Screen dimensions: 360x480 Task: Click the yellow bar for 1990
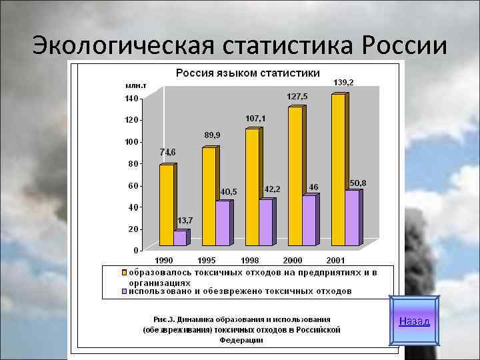(x=166, y=205)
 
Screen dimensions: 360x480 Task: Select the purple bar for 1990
(x=180, y=238)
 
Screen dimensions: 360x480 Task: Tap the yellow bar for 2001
(x=338, y=170)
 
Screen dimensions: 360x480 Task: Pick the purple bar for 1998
(x=265, y=222)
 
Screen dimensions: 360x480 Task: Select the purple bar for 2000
(x=309, y=220)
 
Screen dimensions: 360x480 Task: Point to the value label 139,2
(x=343, y=82)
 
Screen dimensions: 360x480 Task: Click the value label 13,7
(x=185, y=221)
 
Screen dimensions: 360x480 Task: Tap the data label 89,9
(x=212, y=135)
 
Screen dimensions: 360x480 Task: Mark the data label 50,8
(x=358, y=182)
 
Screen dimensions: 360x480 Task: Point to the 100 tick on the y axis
(x=131, y=142)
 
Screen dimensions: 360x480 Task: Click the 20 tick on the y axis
(x=133, y=229)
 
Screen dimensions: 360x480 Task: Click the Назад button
(x=414, y=321)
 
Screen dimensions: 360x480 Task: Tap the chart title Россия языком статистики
(x=247, y=72)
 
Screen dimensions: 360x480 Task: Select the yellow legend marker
(x=124, y=273)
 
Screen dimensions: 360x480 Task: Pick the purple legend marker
(x=124, y=291)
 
